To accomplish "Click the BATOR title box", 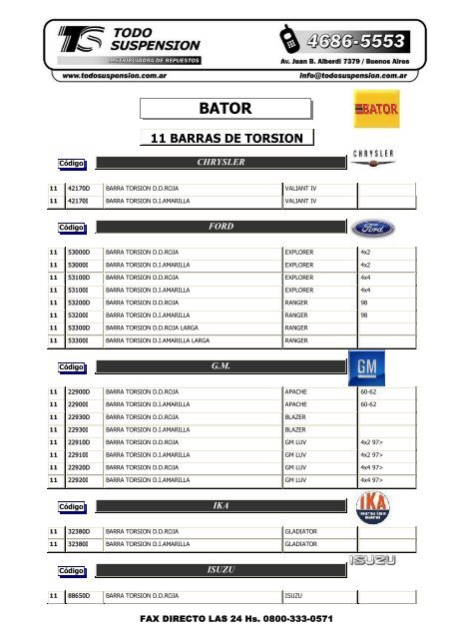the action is [225, 106].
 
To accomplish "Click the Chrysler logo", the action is [374, 156].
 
